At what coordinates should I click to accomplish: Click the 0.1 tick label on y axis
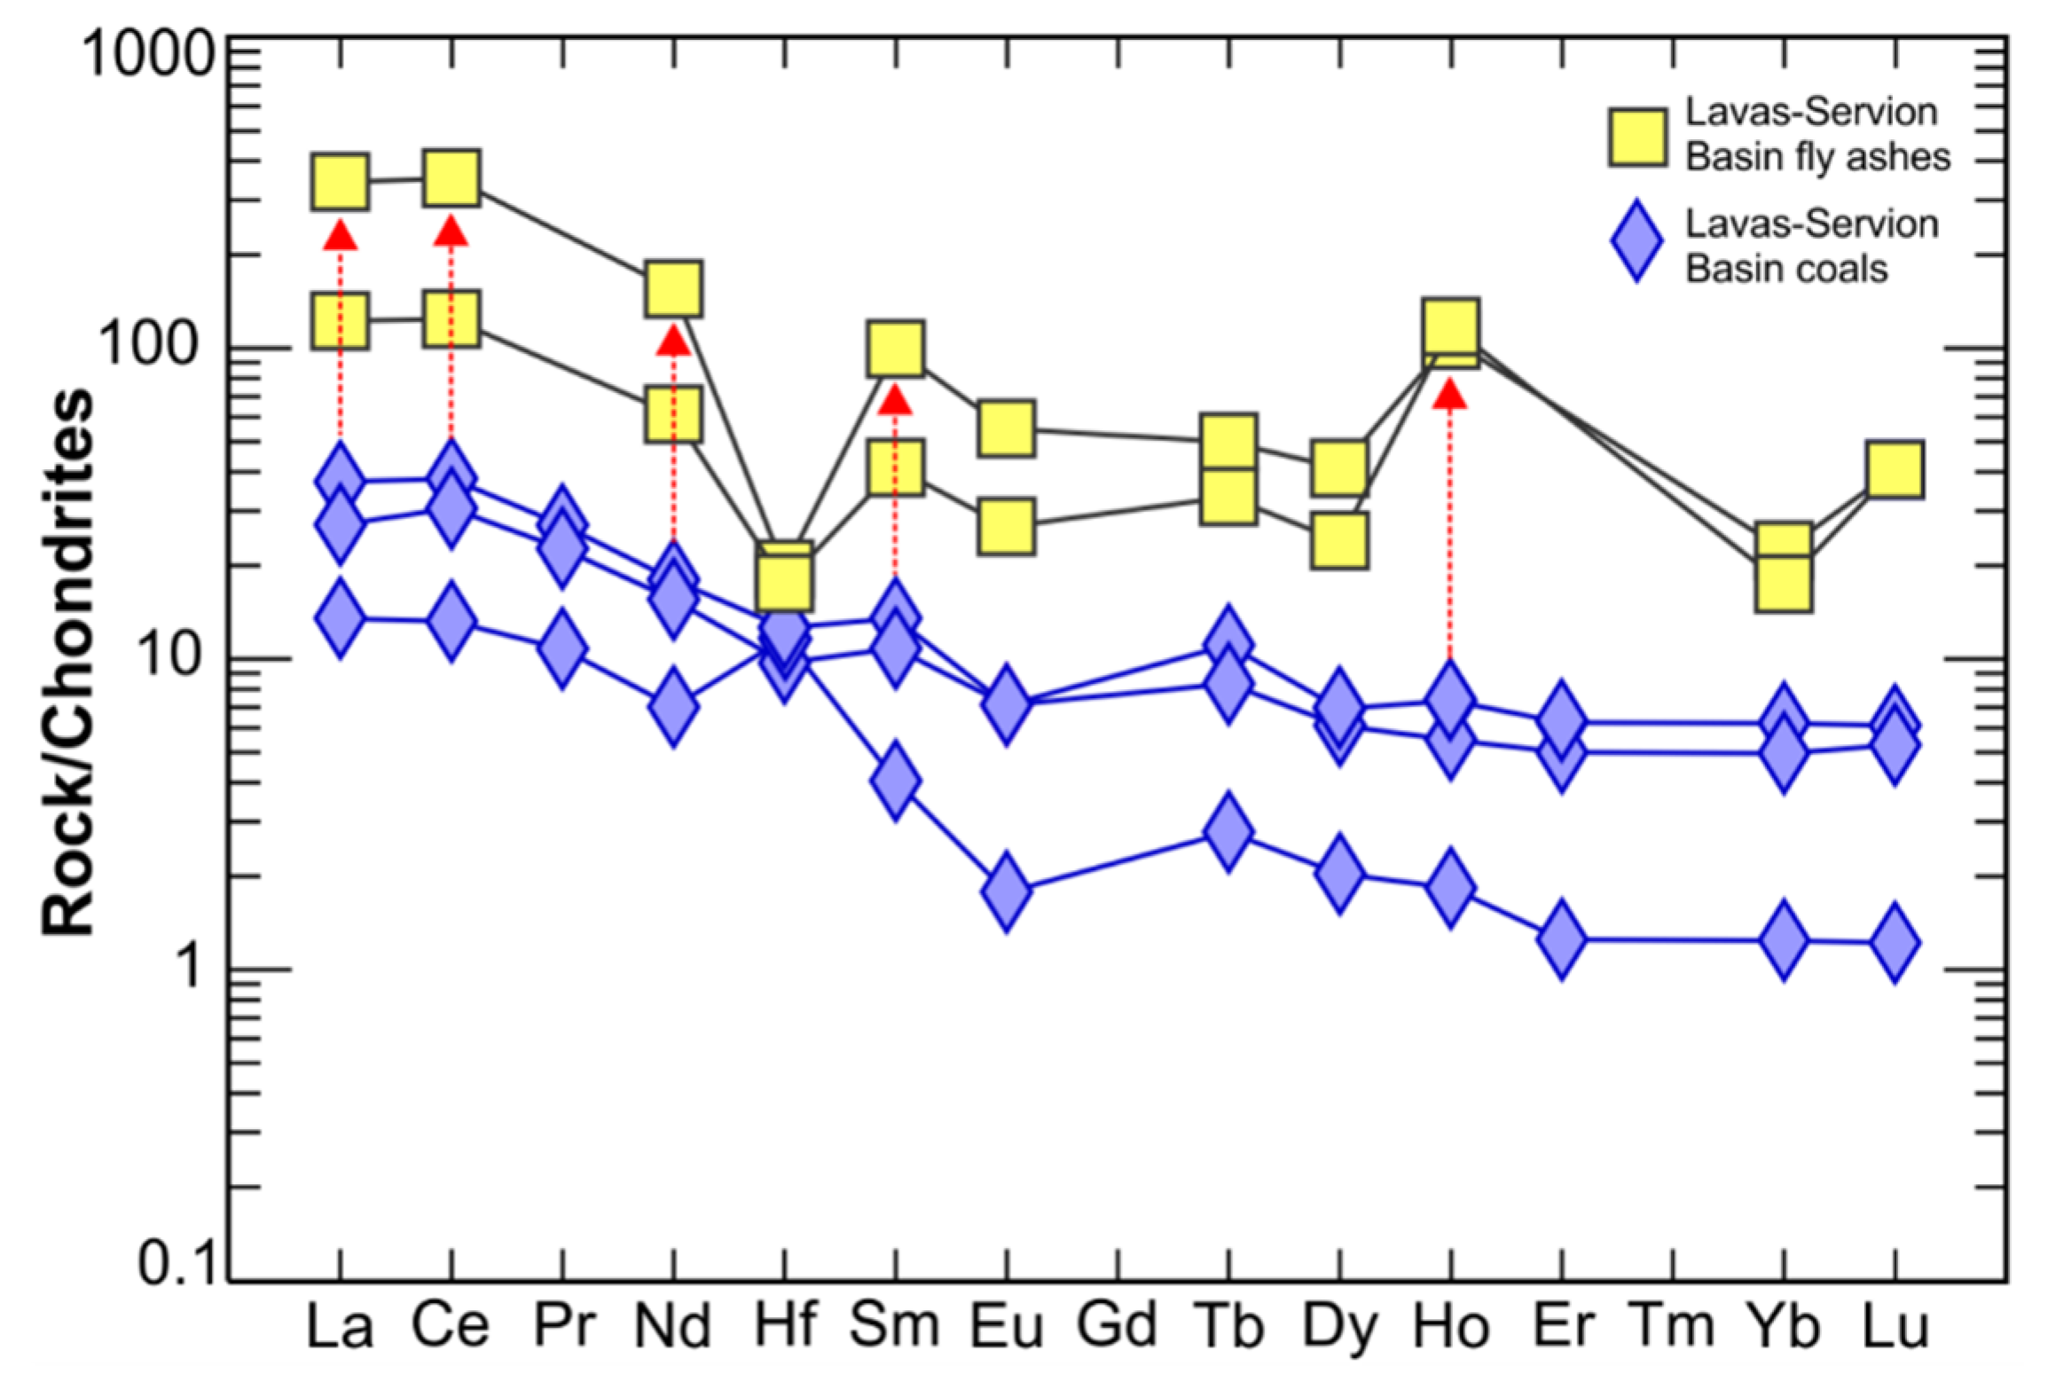pyautogui.click(x=177, y=1263)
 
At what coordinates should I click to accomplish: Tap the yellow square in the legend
pyautogui.click(x=1637, y=137)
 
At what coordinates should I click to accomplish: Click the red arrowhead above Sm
pyautogui.click(x=895, y=400)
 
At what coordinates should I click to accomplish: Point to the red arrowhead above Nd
pyautogui.click(x=673, y=340)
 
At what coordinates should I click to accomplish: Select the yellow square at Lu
pyautogui.click(x=1895, y=468)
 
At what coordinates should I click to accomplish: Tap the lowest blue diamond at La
pyautogui.click(x=340, y=616)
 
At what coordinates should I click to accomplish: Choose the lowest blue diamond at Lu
pyautogui.click(x=1895, y=942)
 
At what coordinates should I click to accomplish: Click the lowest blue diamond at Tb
pyautogui.click(x=1228, y=831)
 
